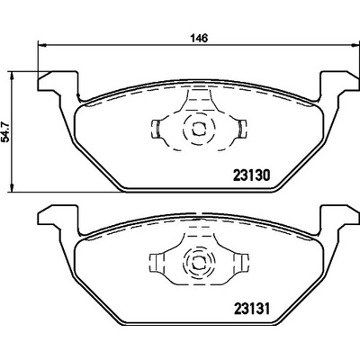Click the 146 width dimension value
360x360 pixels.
(199, 39)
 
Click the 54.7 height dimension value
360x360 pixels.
(5, 130)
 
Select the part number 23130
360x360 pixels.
(251, 175)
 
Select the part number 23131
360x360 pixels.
(251, 308)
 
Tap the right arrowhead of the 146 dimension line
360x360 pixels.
(354, 45)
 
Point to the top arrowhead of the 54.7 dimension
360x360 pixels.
(12, 76)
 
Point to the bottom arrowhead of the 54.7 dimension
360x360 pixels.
(12, 187)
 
